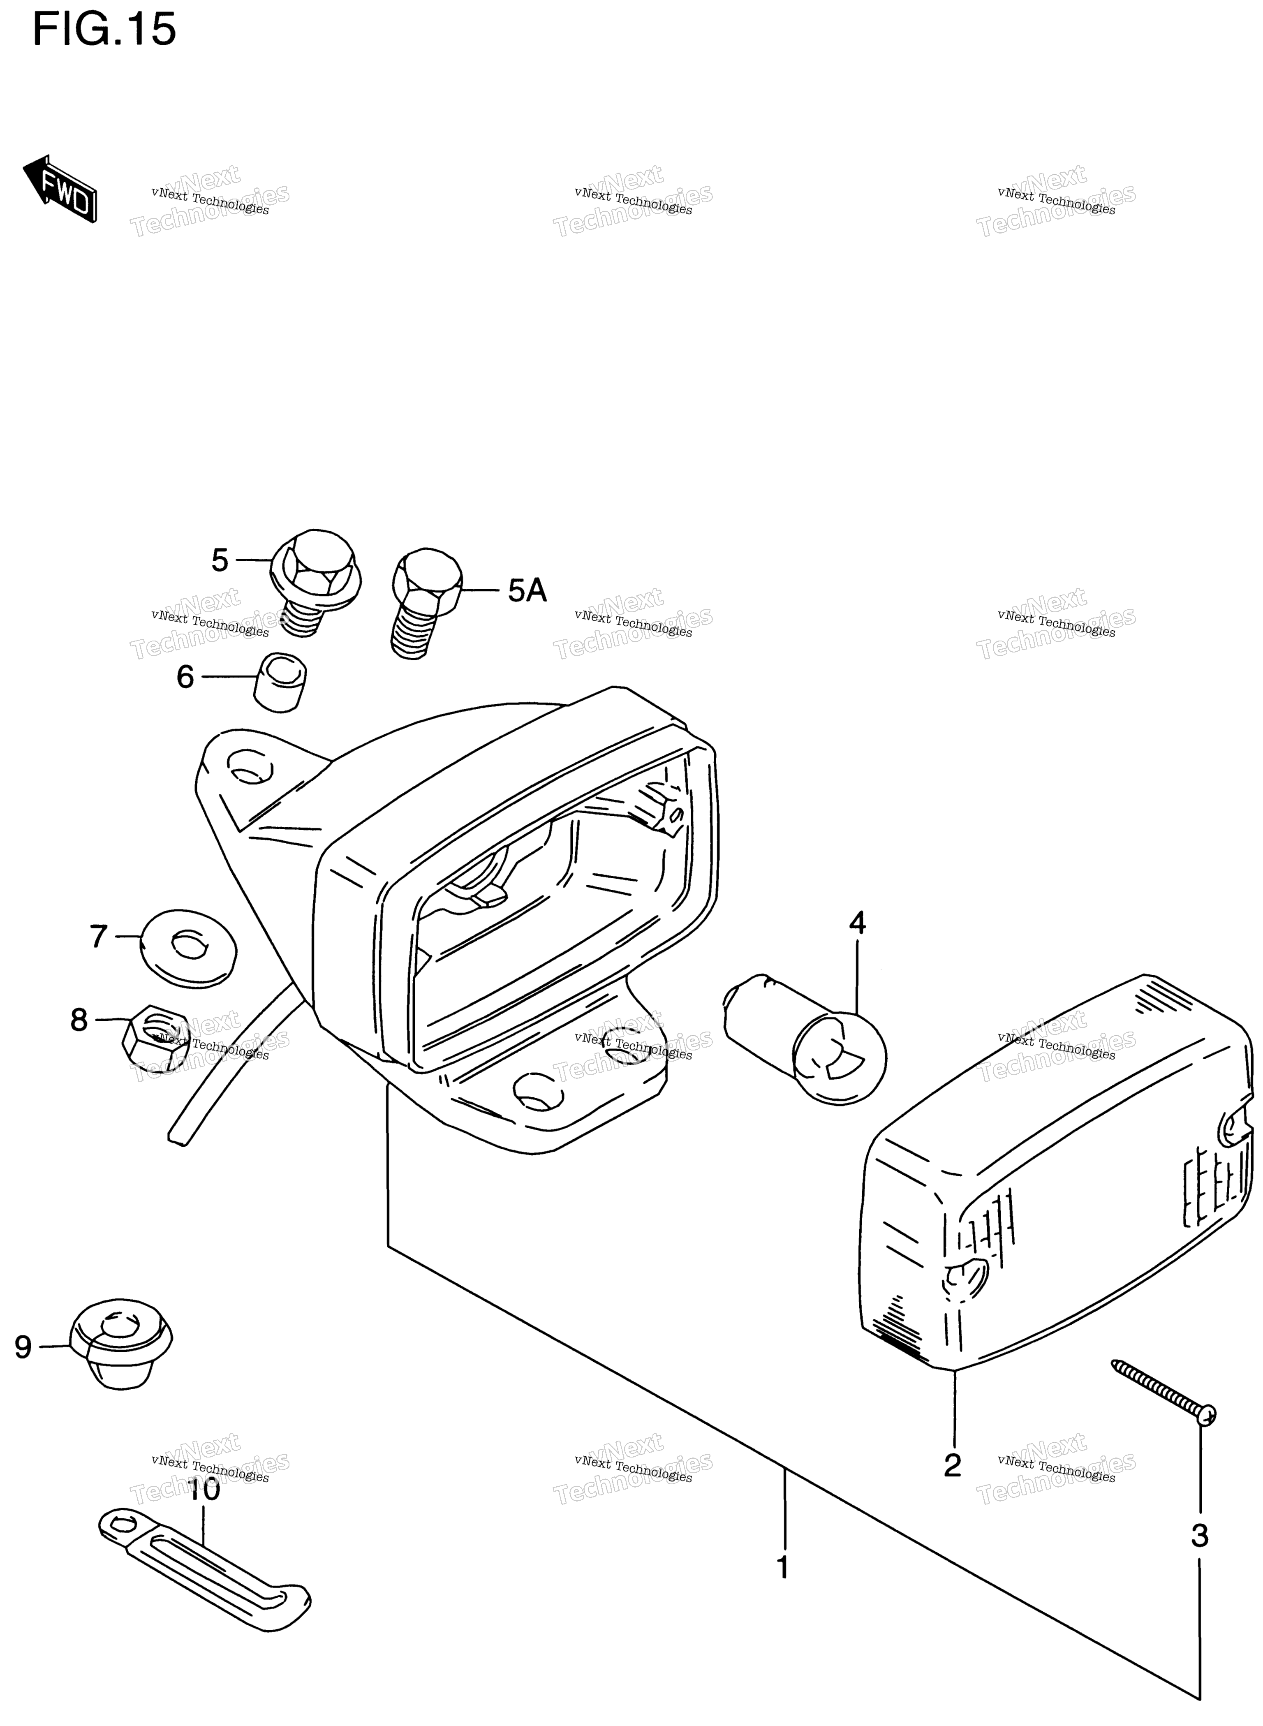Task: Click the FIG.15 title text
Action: click(x=105, y=30)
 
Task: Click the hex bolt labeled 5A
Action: click(x=426, y=603)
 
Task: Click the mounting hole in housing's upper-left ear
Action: click(x=251, y=767)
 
